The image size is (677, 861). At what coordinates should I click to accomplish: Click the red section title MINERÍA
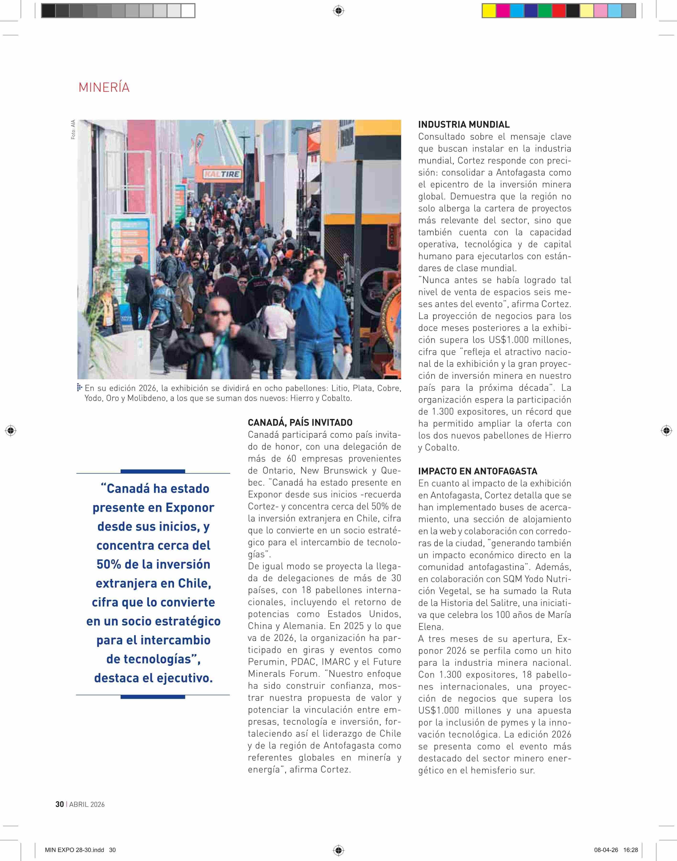[x=104, y=87]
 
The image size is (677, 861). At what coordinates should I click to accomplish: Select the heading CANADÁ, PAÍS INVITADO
[x=300, y=422]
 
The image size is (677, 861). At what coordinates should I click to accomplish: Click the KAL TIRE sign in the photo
[x=222, y=174]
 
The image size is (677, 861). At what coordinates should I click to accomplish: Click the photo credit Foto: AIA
[x=73, y=130]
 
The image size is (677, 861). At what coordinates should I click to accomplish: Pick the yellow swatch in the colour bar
[x=489, y=11]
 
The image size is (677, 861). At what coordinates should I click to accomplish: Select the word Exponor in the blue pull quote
[x=190, y=508]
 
